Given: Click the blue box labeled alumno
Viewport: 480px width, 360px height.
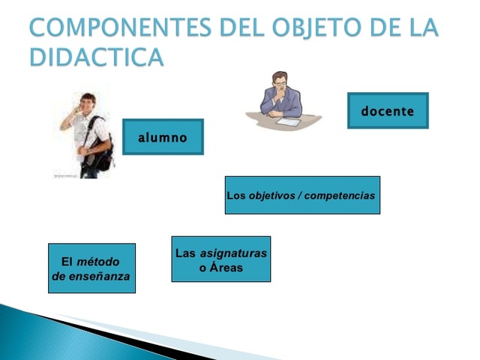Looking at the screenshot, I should [x=163, y=137].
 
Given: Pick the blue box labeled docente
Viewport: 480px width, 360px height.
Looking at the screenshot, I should [x=388, y=111].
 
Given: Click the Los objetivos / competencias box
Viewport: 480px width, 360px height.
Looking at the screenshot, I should [x=302, y=196].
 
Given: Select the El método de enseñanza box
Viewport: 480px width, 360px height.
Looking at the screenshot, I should [x=91, y=268].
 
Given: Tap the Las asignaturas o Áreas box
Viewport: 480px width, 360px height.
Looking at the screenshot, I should [x=220, y=259].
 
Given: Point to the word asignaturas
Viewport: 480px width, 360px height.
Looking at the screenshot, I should [x=233, y=253].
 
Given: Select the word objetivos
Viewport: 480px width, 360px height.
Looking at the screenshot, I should [x=272, y=196].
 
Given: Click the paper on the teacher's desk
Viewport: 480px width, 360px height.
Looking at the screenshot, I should [x=289, y=121].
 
